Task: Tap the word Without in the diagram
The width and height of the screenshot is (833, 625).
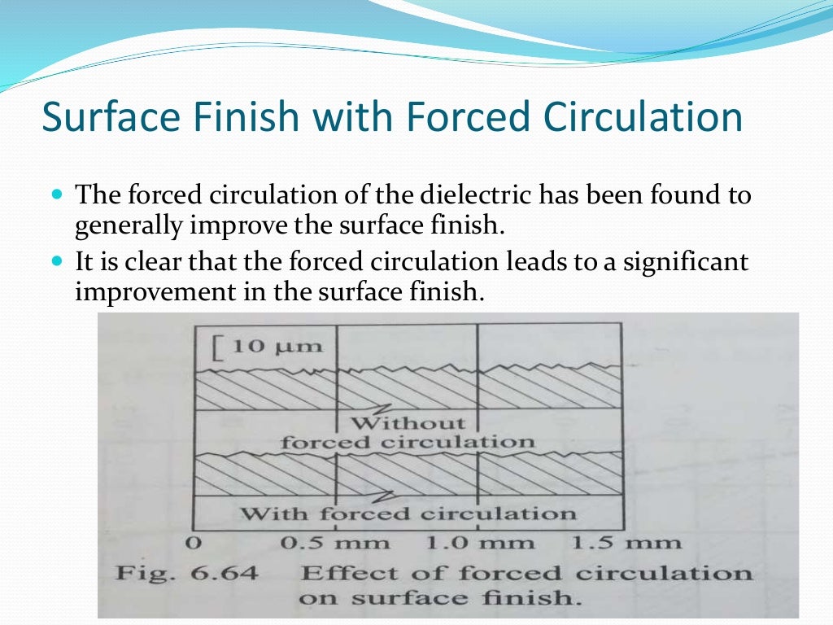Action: pyautogui.click(x=408, y=423)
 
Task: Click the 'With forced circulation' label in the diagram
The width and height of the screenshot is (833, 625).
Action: pyautogui.click(x=408, y=514)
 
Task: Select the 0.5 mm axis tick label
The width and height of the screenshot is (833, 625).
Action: pyautogui.click(x=334, y=543)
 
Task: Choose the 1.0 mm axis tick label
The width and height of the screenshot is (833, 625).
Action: pyautogui.click(x=480, y=543)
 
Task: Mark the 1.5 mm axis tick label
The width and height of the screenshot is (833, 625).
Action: pyautogui.click(x=626, y=543)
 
